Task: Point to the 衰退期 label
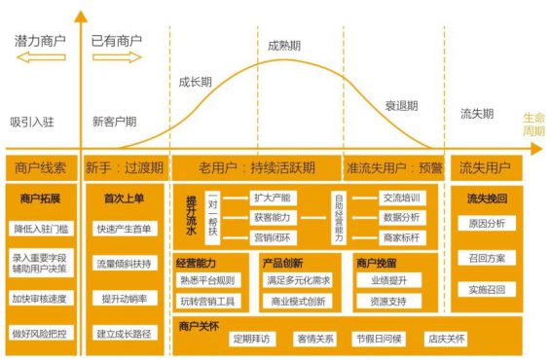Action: tap(400, 104)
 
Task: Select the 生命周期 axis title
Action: tap(532, 123)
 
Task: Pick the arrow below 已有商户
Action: tap(116, 60)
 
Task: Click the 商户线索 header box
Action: tap(39, 166)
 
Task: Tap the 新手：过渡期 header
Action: tap(124, 166)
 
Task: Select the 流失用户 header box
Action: tap(486, 166)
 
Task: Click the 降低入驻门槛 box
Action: tap(41, 229)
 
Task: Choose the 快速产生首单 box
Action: tap(124, 230)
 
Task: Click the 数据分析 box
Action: tap(401, 217)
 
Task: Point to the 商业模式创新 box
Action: tap(300, 303)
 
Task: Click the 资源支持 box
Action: tap(388, 303)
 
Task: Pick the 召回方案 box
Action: tap(486, 260)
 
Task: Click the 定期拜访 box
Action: tap(256, 340)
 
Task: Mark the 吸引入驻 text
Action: tap(34, 123)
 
